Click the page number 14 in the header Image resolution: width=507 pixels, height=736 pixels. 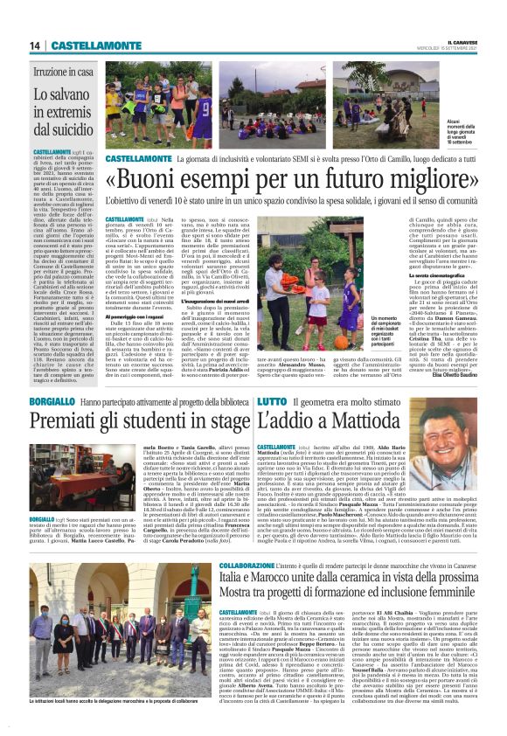(x=36, y=45)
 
